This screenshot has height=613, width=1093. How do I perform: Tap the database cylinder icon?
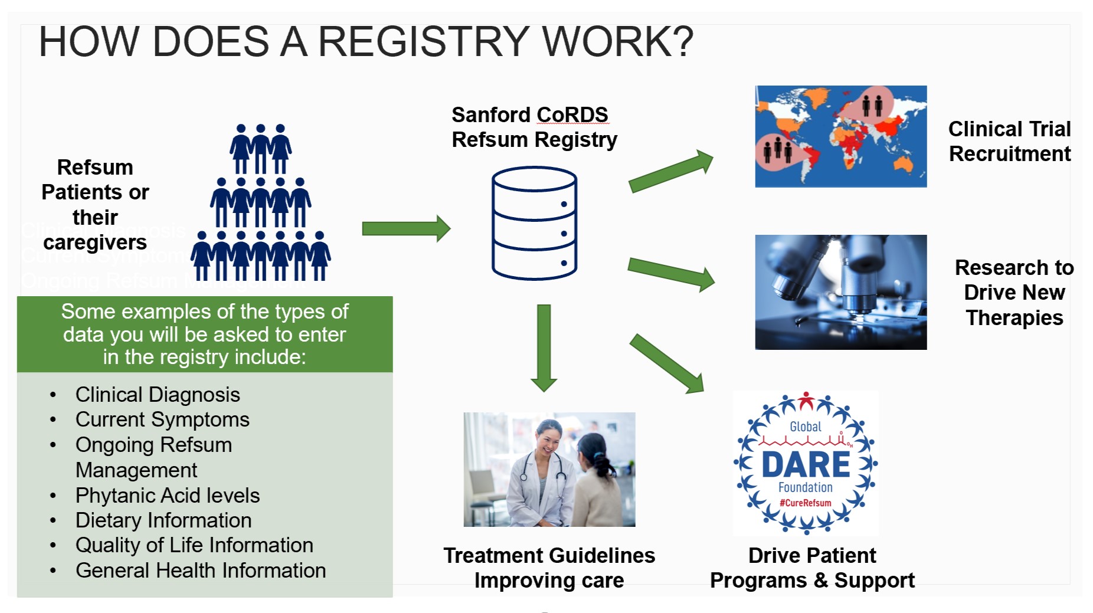(x=534, y=223)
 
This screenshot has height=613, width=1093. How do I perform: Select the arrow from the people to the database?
(x=406, y=228)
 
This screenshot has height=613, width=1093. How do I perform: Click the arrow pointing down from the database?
(x=544, y=348)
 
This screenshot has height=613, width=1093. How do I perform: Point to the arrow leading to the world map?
(x=671, y=172)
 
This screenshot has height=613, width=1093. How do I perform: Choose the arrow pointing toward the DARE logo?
(x=667, y=363)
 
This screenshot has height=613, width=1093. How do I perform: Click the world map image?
(x=840, y=136)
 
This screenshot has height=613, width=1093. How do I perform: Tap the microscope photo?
(x=840, y=292)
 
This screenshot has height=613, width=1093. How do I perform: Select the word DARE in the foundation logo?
(x=806, y=464)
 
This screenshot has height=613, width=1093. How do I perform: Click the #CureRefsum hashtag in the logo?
(x=806, y=503)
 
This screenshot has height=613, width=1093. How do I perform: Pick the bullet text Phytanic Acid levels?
(x=168, y=496)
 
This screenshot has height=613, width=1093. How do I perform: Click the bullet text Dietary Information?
(x=163, y=520)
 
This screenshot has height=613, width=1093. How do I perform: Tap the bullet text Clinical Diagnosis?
(x=158, y=395)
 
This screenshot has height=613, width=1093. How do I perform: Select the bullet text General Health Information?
(x=201, y=571)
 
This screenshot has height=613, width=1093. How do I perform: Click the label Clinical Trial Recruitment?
(x=1009, y=141)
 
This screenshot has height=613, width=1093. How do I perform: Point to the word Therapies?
(x=1014, y=318)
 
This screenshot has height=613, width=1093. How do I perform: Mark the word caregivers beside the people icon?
(x=95, y=242)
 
